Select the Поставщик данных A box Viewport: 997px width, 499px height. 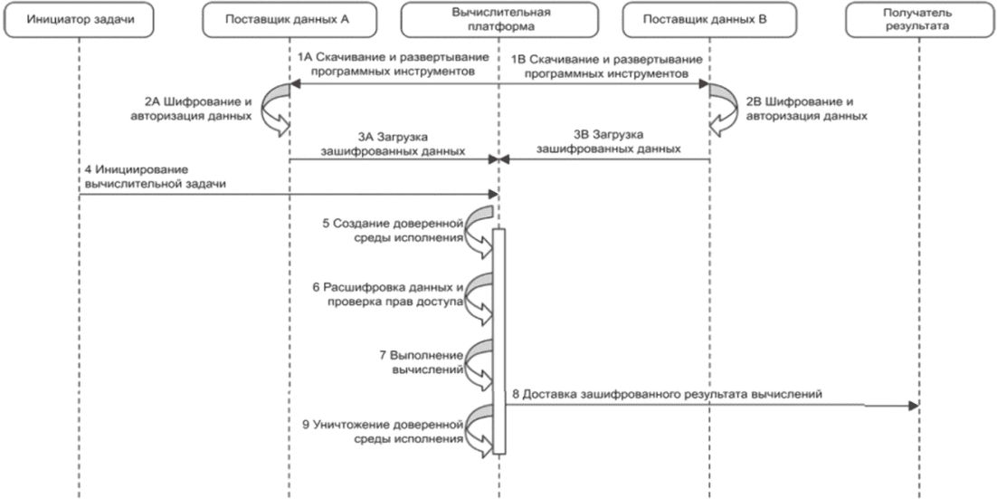point(287,20)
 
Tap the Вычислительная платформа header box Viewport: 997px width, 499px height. point(498,20)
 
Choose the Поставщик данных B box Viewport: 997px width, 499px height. point(705,20)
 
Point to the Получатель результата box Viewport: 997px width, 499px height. point(920,20)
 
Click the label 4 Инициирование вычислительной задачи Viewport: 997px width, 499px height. point(156,177)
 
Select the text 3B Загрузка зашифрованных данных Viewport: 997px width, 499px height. point(609,143)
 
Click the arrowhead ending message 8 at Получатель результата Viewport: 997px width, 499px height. point(915,406)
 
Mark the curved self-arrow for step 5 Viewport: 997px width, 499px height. point(480,232)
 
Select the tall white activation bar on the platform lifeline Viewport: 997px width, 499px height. point(499,341)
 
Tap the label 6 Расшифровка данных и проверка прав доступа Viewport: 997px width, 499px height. point(388,294)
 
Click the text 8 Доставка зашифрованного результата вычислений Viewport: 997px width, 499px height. point(668,394)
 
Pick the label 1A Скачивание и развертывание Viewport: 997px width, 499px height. point(393,57)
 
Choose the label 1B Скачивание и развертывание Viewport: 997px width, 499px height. point(607,60)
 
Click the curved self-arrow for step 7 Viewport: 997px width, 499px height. point(480,364)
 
